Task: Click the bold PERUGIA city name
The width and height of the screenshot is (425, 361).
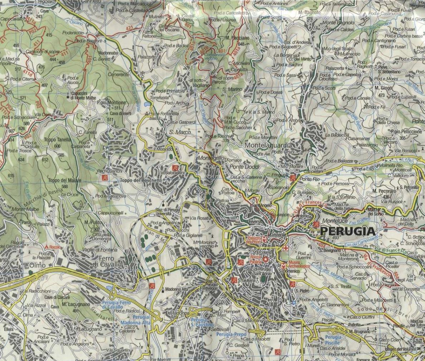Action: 348,231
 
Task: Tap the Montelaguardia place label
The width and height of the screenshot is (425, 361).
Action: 268,145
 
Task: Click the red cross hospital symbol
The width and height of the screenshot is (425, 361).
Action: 285,248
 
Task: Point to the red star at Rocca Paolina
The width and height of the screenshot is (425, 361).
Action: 265,259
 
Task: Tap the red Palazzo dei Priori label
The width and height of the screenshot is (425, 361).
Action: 254,240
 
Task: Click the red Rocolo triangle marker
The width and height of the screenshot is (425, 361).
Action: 46,247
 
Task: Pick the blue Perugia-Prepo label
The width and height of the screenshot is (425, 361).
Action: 231,334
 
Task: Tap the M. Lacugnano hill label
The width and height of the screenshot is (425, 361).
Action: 76,304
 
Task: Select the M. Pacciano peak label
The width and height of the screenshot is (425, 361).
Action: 237,37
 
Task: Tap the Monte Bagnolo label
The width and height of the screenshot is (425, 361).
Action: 338,23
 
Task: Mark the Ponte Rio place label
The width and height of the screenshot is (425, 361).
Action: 310,179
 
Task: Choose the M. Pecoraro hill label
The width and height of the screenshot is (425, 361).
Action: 384,191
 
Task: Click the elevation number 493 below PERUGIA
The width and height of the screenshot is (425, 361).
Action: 335,238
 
